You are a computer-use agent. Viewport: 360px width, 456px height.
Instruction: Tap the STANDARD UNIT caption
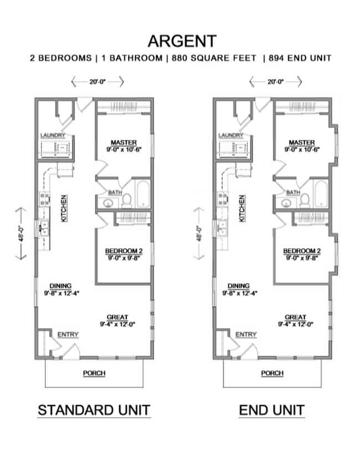[x=94, y=410]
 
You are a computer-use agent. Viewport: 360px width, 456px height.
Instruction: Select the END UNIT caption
[x=271, y=410]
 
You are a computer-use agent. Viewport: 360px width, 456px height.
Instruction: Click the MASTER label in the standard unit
[x=123, y=142]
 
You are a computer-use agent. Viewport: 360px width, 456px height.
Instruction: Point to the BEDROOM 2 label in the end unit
[x=302, y=250]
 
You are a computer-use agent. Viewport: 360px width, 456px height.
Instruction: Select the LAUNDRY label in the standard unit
[x=53, y=135]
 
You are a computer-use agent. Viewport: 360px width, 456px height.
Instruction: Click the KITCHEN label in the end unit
[x=241, y=208]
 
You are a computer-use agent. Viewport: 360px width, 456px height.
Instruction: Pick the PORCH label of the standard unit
[x=94, y=373]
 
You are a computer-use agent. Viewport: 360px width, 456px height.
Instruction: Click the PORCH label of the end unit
[x=272, y=373]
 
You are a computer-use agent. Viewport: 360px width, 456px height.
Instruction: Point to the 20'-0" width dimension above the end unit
[x=275, y=82]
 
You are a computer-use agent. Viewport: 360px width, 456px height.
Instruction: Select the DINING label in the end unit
[x=238, y=285]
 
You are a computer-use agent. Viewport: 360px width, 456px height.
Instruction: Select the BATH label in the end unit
[x=293, y=192]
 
